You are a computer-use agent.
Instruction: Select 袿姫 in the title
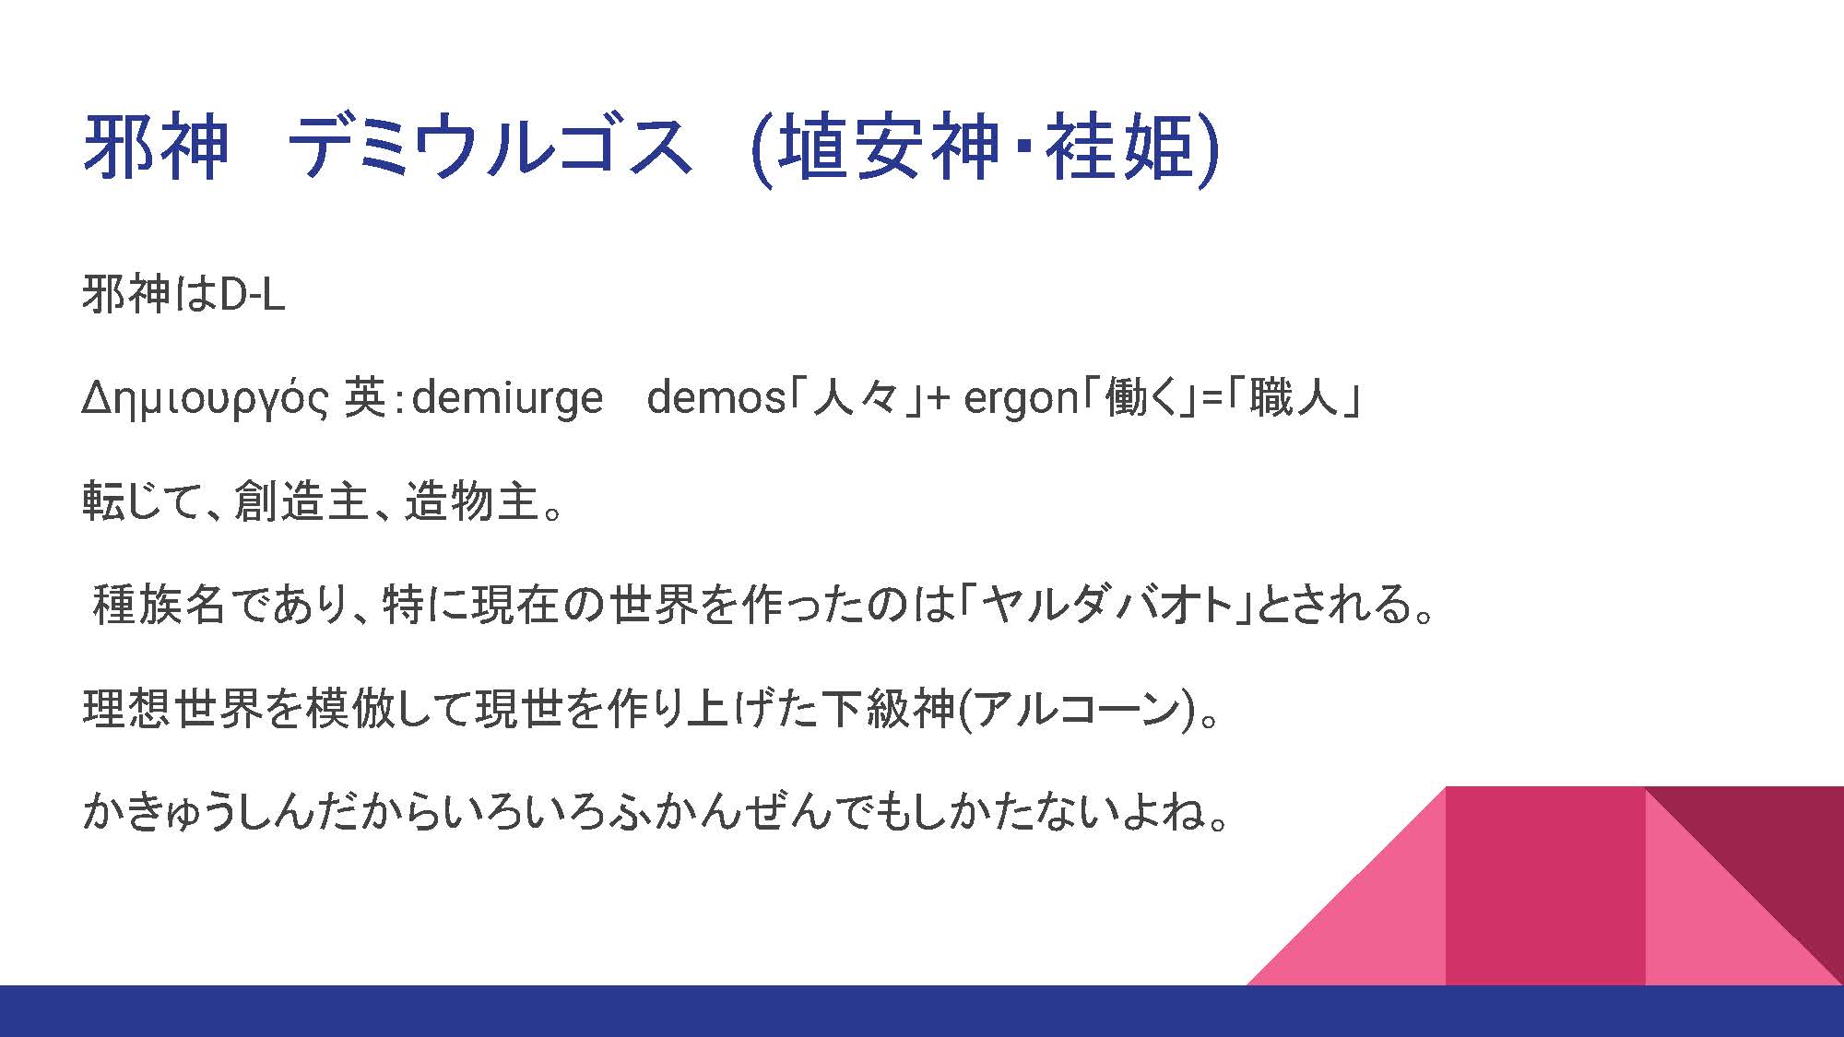pos(1119,147)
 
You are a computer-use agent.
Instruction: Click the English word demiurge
pos(507,398)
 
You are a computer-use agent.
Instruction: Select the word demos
pos(715,398)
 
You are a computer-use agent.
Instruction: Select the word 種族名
pos(160,606)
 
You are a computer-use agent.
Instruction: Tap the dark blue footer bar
pos(922,1011)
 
